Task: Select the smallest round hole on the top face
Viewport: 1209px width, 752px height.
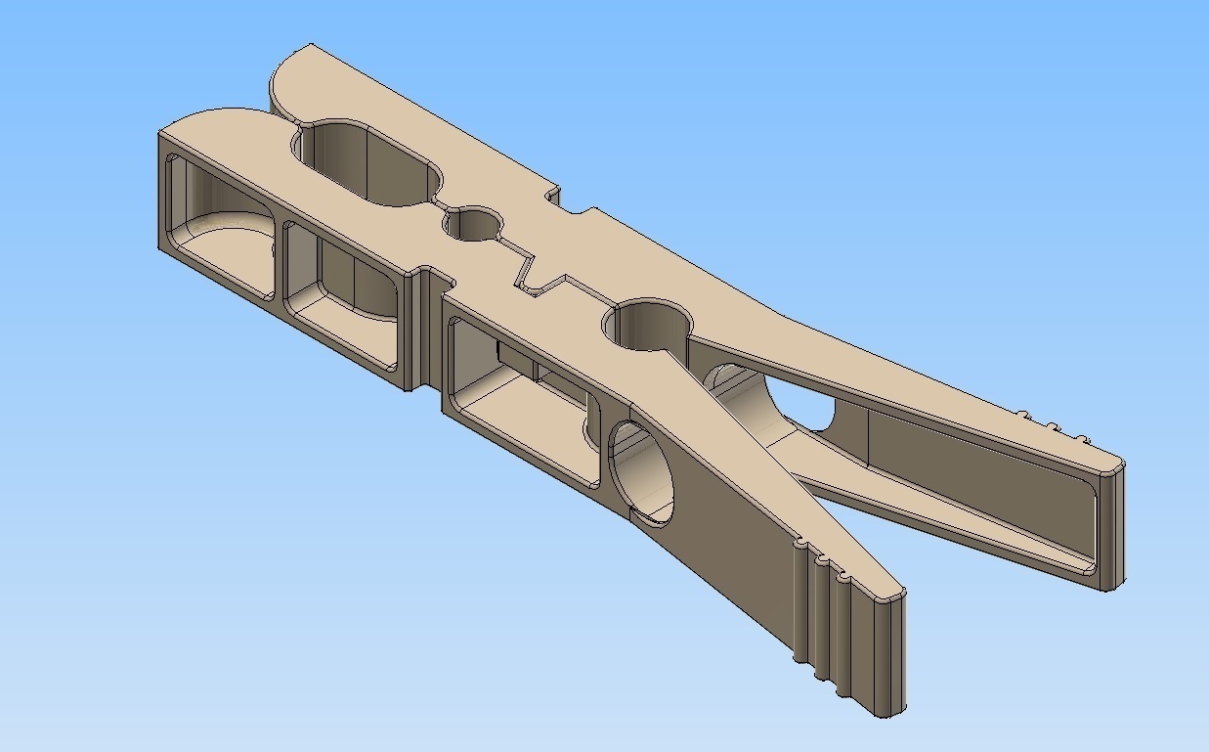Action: [x=473, y=226]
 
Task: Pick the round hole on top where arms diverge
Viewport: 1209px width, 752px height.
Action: [x=647, y=324]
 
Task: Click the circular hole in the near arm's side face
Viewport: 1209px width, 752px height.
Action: [x=643, y=473]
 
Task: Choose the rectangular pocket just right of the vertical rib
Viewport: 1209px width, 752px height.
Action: [x=518, y=401]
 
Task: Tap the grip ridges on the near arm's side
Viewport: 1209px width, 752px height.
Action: [x=826, y=616]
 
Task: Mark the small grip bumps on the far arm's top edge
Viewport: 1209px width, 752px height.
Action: [x=1051, y=425]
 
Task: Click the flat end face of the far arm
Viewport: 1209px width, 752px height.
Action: [x=1112, y=528]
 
